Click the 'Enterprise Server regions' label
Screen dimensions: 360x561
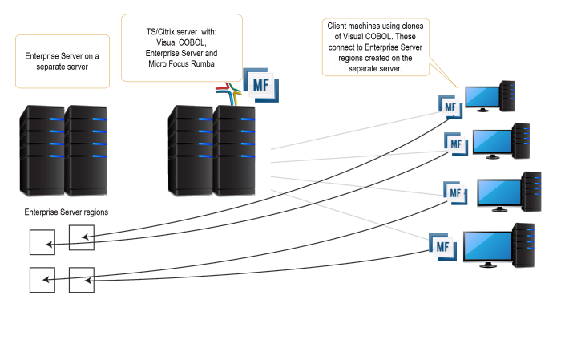(x=67, y=212)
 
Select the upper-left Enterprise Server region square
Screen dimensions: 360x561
(x=42, y=243)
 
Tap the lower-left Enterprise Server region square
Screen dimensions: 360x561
(x=42, y=280)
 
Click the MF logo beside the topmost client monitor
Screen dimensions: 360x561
(x=450, y=104)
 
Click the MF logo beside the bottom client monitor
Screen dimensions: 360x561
(x=442, y=247)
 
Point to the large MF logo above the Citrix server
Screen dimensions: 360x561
(x=260, y=83)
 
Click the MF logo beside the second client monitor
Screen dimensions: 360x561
(x=456, y=145)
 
